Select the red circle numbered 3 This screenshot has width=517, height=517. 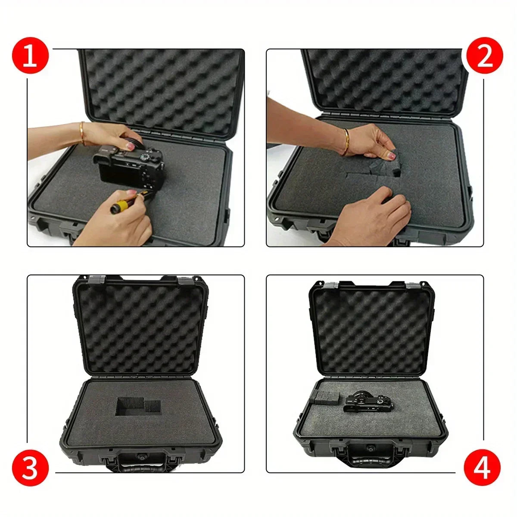[x=30, y=468]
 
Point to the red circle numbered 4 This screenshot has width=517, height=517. [x=482, y=467]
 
